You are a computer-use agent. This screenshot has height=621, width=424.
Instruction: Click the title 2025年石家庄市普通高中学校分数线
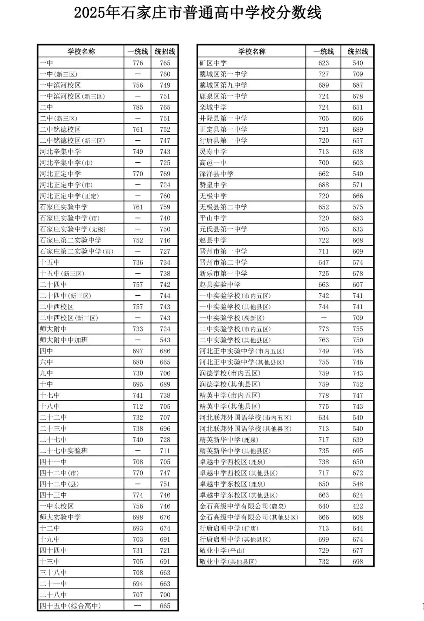pos(198,13)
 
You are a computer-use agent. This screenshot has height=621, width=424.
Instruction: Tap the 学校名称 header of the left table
pos(81,51)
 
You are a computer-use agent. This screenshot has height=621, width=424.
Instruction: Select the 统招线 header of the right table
pos(358,51)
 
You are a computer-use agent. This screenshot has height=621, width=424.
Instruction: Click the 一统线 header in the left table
pos(137,51)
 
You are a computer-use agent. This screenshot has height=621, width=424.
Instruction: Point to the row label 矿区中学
pos(213,63)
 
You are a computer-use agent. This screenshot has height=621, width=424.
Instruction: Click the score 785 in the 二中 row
pos(138,107)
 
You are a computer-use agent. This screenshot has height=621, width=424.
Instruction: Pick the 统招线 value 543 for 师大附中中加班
pos(165,340)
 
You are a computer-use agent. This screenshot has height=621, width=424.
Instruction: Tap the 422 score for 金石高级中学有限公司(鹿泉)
pos(358,506)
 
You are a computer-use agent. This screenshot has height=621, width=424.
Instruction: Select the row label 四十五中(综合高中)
pos(70,606)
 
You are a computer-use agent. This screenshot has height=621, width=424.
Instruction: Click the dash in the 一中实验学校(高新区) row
pos(323,318)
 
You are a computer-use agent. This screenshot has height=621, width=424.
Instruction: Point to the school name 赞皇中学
pos(213,185)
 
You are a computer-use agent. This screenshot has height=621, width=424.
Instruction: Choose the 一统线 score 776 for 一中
pos(138,63)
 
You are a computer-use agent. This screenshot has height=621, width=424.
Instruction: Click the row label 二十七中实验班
pos(64,451)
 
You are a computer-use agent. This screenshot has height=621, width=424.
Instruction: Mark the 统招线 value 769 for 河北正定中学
pos(165,174)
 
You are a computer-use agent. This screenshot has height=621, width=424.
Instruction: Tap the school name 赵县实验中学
pos(220,285)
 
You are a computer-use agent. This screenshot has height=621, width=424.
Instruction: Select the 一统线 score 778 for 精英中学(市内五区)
pos(323,395)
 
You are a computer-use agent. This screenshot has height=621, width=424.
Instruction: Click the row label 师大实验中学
pos(60,517)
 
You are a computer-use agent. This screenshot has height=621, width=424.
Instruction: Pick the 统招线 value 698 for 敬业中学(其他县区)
pos(358,562)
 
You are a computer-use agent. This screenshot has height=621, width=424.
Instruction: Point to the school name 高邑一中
pos(213,163)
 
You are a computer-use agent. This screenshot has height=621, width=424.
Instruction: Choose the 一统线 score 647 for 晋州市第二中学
pos(323,263)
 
